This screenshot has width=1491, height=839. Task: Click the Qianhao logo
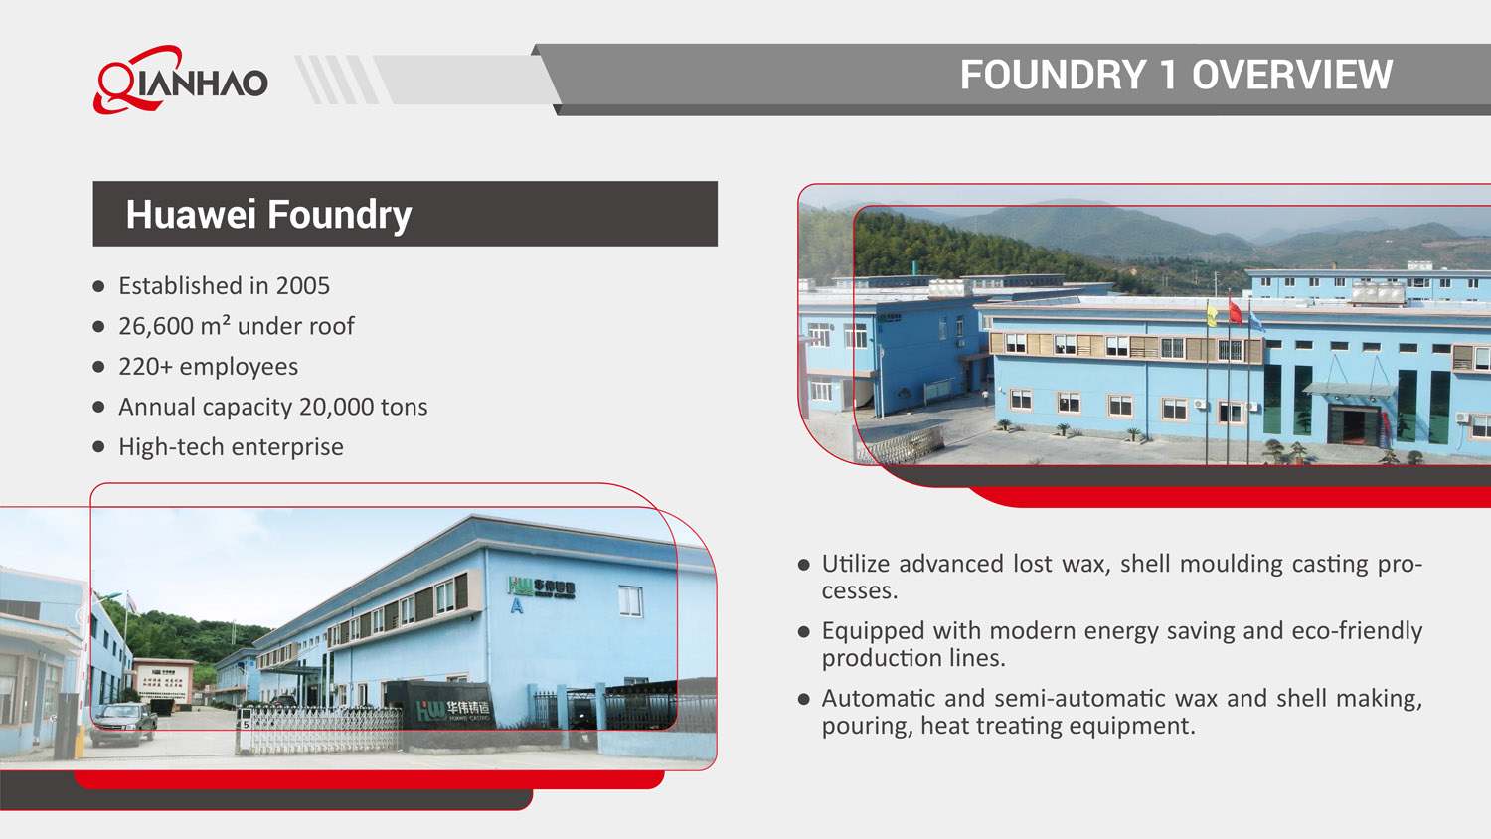click(x=181, y=80)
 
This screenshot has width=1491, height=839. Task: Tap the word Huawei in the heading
click(x=191, y=215)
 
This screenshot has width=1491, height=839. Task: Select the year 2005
click(x=303, y=286)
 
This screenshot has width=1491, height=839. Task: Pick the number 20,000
click(x=336, y=407)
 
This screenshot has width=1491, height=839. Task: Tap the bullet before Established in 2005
click(x=98, y=286)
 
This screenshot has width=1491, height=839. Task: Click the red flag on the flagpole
click(x=1235, y=312)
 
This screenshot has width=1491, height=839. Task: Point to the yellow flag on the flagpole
click(x=1212, y=316)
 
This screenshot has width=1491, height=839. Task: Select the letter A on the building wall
click(x=516, y=606)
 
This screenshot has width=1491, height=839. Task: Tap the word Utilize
click(x=856, y=565)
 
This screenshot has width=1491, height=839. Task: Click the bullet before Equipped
click(x=804, y=631)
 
